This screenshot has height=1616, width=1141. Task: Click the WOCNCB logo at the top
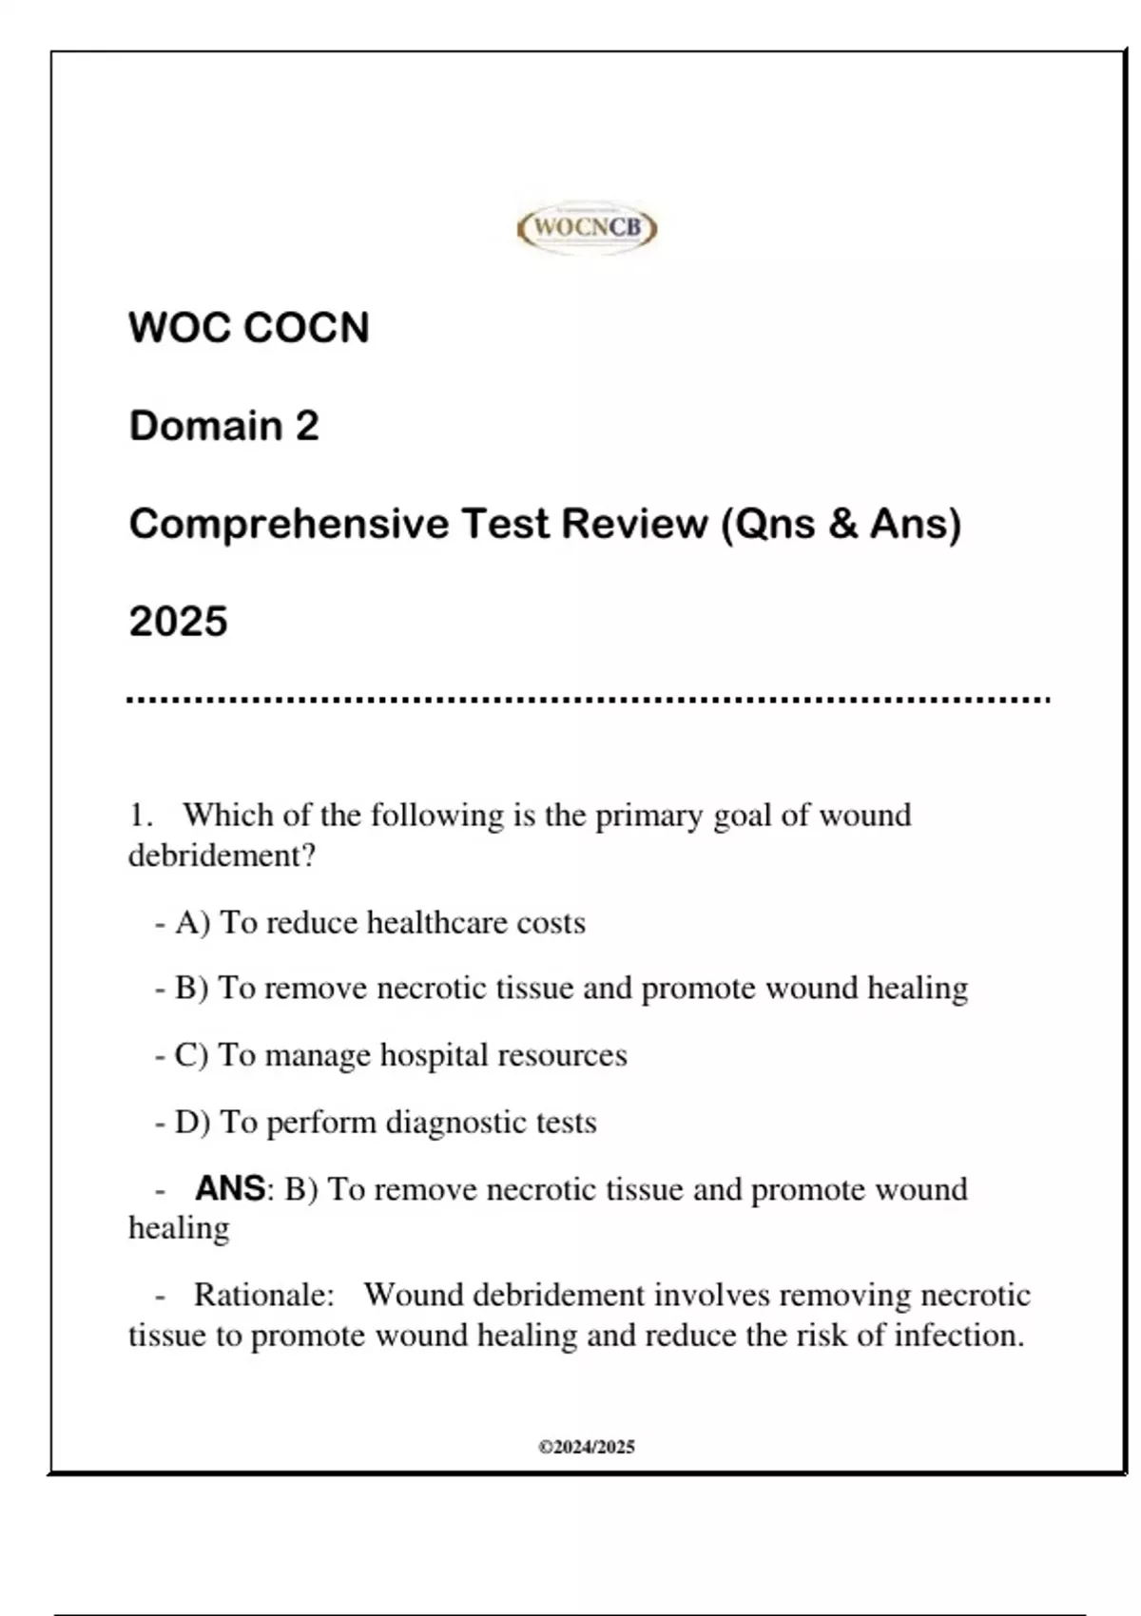(x=587, y=228)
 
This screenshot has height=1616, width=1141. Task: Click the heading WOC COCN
(x=249, y=328)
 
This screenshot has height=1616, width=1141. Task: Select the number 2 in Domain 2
(x=306, y=426)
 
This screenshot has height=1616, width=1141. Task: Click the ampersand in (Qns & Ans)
(x=842, y=524)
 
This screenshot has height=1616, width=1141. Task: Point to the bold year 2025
(x=178, y=622)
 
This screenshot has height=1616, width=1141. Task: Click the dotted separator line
(x=588, y=701)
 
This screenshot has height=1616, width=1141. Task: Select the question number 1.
(x=139, y=816)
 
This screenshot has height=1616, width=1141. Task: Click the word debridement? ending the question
(x=222, y=856)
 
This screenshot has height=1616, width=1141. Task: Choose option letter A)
(x=193, y=923)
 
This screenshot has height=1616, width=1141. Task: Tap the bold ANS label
(x=230, y=1188)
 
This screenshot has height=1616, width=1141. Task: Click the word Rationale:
(x=263, y=1295)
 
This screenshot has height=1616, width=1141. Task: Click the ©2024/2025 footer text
(x=587, y=1447)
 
